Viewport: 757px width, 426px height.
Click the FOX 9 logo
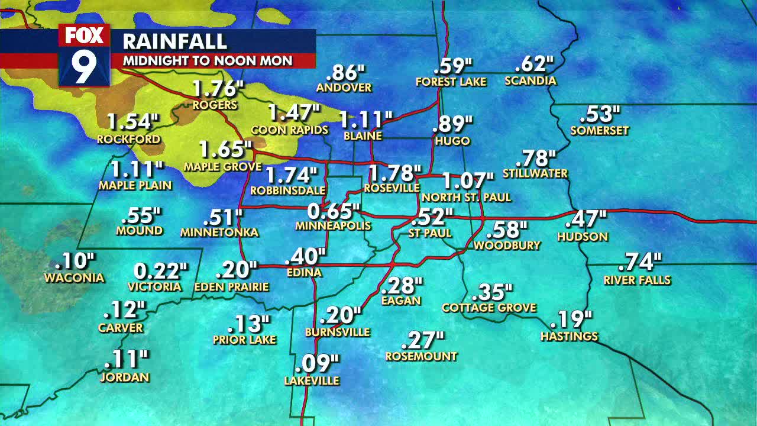[84, 55]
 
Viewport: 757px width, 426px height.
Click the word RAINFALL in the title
[174, 41]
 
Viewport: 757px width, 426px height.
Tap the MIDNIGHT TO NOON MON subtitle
[207, 60]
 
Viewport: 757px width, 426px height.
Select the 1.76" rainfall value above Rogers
[218, 89]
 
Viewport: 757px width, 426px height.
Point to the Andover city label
[344, 88]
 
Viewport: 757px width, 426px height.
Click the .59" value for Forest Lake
[453, 65]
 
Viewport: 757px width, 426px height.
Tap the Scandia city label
[530, 80]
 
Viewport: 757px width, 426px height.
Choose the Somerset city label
[599, 130]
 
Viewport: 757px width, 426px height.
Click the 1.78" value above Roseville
[391, 173]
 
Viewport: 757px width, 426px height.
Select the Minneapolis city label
[333, 225]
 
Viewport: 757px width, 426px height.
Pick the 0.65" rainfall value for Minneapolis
[333, 211]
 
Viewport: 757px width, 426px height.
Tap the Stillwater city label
[535, 173]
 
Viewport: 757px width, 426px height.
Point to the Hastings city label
[569, 336]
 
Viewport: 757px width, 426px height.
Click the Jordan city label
[124, 377]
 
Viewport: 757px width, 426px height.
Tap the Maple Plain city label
[135, 185]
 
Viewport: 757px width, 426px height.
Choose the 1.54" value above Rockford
[132, 122]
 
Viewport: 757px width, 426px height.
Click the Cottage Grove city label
[489, 308]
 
